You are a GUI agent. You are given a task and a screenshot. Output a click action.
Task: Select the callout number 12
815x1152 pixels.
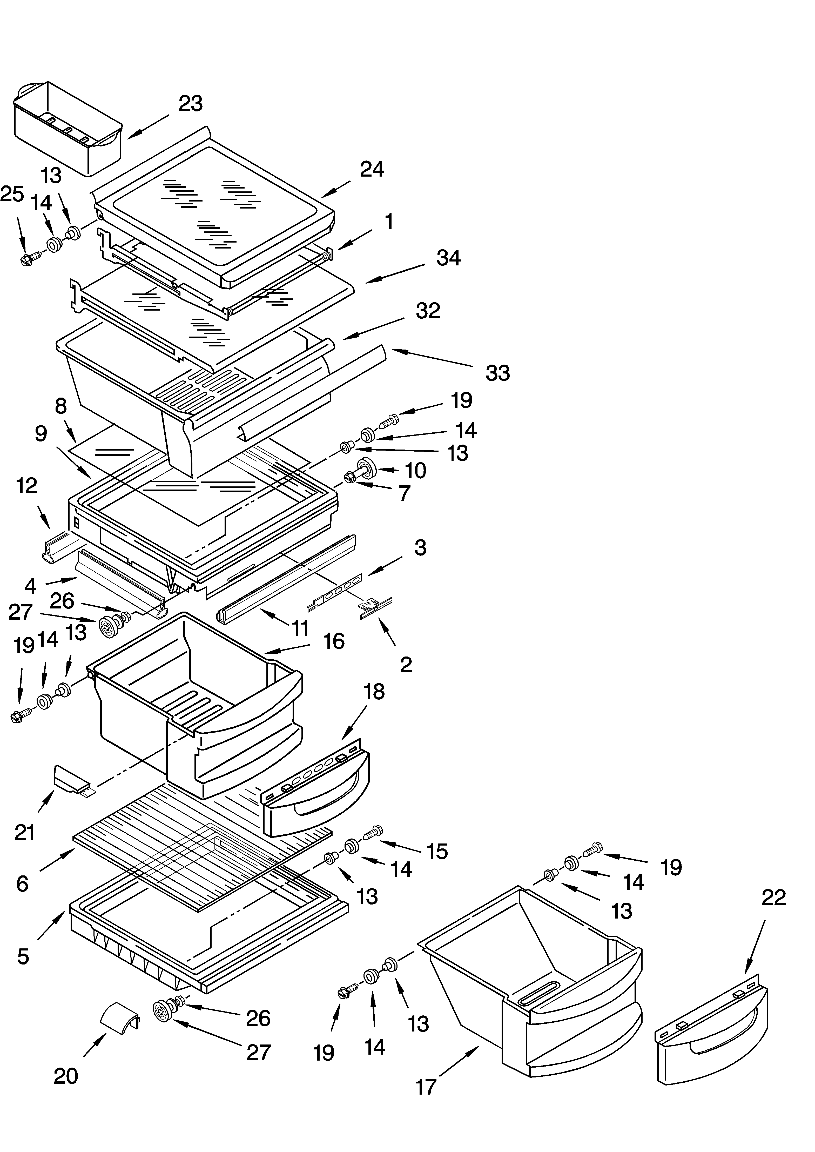pos(26,485)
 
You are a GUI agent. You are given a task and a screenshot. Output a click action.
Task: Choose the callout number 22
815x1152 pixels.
pos(773,897)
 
